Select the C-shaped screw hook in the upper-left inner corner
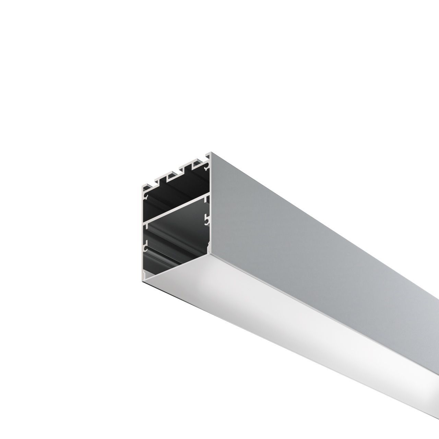(146, 196)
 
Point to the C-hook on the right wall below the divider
(206, 220)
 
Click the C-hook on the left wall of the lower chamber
(146, 247)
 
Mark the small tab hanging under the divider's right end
(205, 199)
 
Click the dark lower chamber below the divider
(175, 240)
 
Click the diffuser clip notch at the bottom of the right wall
(207, 245)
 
